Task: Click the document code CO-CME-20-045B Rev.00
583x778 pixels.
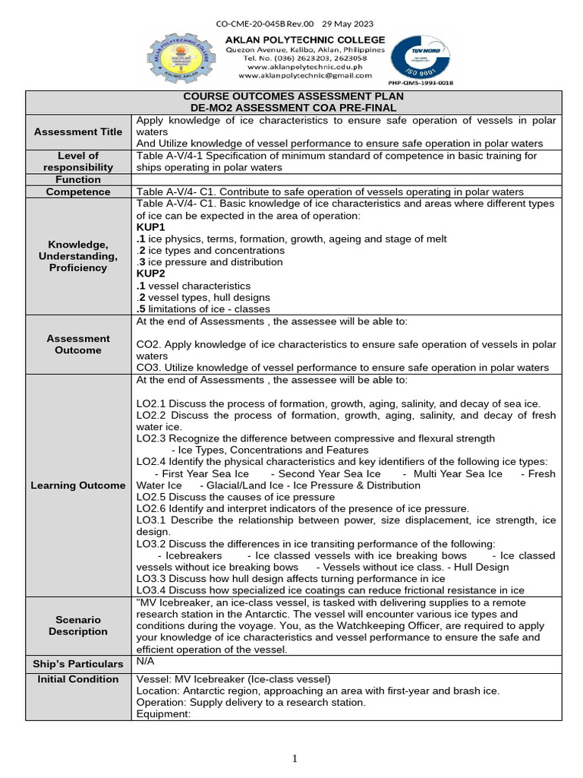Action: (260, 24)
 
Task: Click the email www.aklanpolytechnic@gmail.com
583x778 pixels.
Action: (305, 76)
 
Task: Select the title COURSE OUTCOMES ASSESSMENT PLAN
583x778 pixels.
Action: (294, 97)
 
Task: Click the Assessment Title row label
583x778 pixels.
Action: (78, 132)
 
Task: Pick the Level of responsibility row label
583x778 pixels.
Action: (78, 161)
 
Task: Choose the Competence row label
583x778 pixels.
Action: (78, 191)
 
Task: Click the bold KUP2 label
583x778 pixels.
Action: (150, 274)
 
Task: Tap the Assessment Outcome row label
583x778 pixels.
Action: (78, 344)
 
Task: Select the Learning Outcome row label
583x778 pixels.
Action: (78, 485)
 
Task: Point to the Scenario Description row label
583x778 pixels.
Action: (78, 625)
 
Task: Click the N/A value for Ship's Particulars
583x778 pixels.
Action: (145, 662)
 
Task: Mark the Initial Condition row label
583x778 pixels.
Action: (78, 679)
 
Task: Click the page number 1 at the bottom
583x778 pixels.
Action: (295, 758)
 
